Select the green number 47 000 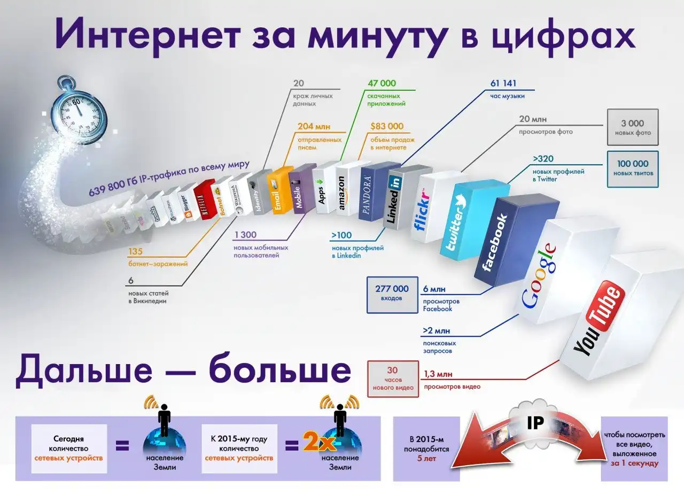382,83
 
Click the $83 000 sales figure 387,127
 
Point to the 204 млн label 314,127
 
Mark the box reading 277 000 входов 392,293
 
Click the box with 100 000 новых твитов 633,168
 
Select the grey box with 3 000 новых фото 633,127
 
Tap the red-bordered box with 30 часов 393,378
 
